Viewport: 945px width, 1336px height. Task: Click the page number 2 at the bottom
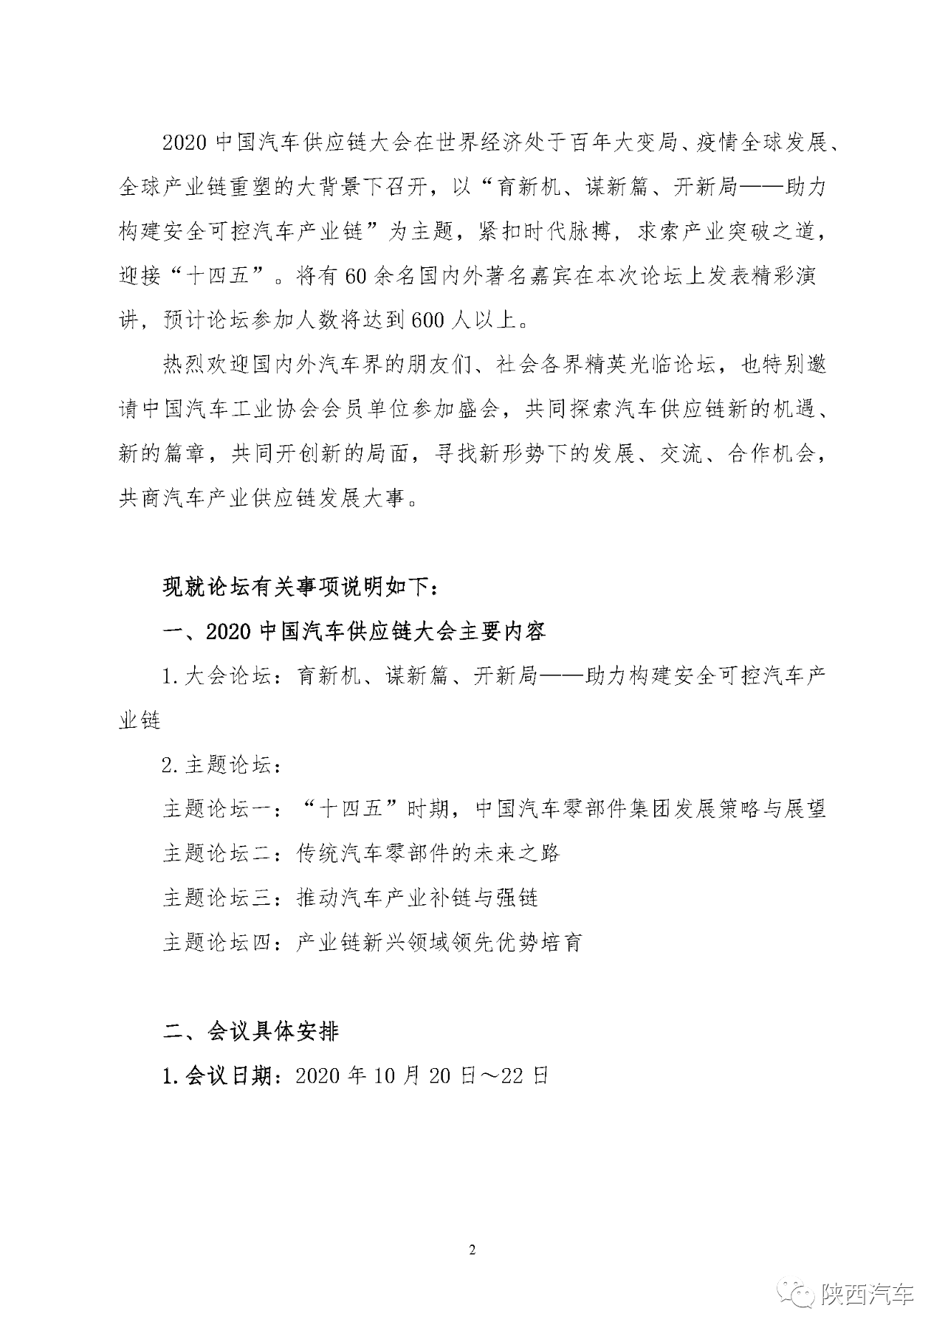point(472,1250)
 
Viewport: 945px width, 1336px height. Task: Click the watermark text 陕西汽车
point(868,1294)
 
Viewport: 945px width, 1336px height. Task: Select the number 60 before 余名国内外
point(357,277)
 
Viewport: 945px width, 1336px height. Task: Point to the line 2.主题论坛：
point(221,765)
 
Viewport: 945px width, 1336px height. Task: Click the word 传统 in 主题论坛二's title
point(317,853)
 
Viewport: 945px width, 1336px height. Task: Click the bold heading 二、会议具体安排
point(250,1030)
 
